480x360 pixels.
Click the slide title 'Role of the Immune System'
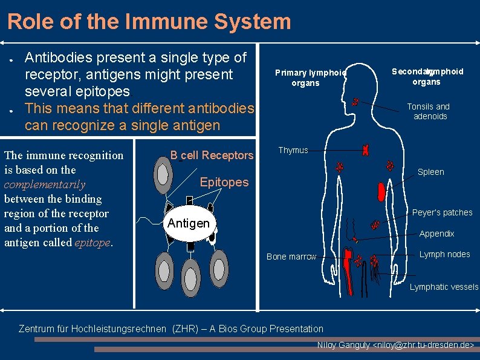(x=149, y=22)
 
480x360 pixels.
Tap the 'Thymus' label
(x=293, y=150)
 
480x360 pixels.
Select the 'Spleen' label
(x=430, y=172)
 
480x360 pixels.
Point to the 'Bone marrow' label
(x=291, y=257)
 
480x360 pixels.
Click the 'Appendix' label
(x=436, y=234)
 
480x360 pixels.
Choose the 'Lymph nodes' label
(x=444, y=254)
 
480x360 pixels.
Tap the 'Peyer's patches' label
(x=442, y=212)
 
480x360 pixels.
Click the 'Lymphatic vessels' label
(x=444, y=287)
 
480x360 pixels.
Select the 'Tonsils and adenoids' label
(x=428, y=111)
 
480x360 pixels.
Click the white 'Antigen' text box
(x=189, y=223)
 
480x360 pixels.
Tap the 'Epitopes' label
(x=224, y=182)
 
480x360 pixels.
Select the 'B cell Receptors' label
(x=212, y=155)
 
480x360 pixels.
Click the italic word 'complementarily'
(x=45, y=185)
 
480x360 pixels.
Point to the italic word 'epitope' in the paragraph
(x=92, y=243)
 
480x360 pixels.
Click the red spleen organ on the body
(x=381, y=192)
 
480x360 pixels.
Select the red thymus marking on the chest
(x=365, y=149)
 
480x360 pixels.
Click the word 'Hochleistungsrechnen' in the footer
(x=118, y=329)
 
